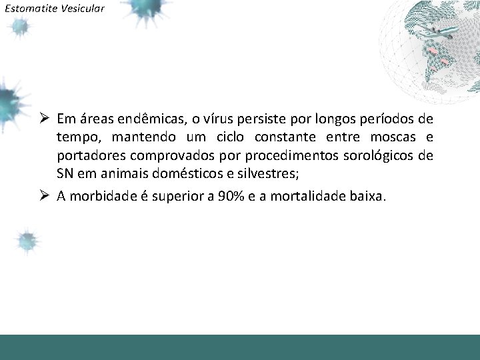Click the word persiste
[253, 120]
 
